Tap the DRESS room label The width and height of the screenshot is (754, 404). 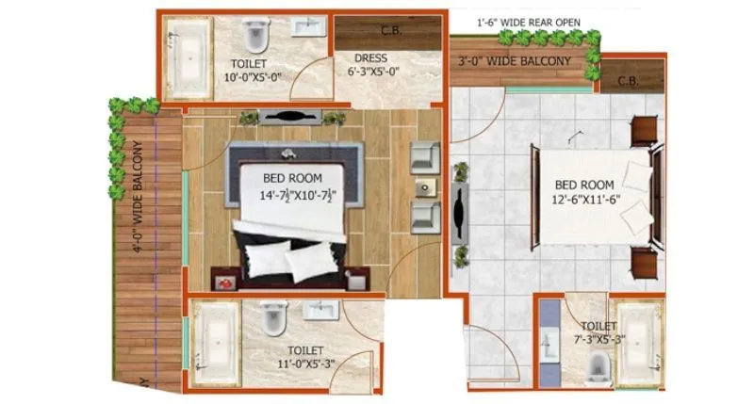370,57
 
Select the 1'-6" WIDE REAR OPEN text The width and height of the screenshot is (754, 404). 528,21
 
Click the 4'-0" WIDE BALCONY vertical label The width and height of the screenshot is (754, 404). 138,197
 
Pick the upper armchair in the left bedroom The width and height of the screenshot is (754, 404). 425,155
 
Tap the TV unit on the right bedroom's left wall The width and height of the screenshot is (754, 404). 461,212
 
